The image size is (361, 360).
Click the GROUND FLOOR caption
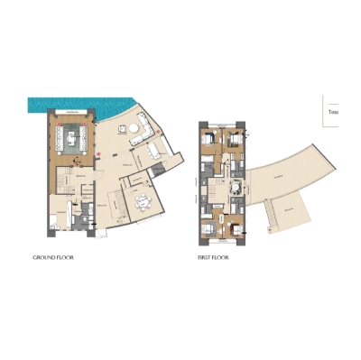pos(52,257)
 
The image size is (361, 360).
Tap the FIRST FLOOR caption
pos(213,257)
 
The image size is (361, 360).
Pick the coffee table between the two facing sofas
pos(72,137)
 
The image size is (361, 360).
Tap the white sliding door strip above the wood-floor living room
pos(72,107)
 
